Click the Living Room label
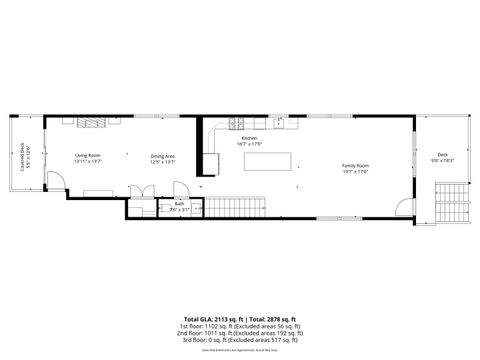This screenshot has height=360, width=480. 88,155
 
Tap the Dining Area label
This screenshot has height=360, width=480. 163,155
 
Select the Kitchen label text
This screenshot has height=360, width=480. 249,138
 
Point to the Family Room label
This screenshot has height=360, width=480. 355,164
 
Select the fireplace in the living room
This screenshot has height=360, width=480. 93,123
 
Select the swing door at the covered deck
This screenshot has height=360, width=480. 56,184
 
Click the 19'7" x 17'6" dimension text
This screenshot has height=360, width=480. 355,171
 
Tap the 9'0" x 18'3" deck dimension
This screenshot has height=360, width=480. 442,160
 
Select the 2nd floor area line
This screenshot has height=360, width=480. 240,332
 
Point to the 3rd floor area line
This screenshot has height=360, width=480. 240,339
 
